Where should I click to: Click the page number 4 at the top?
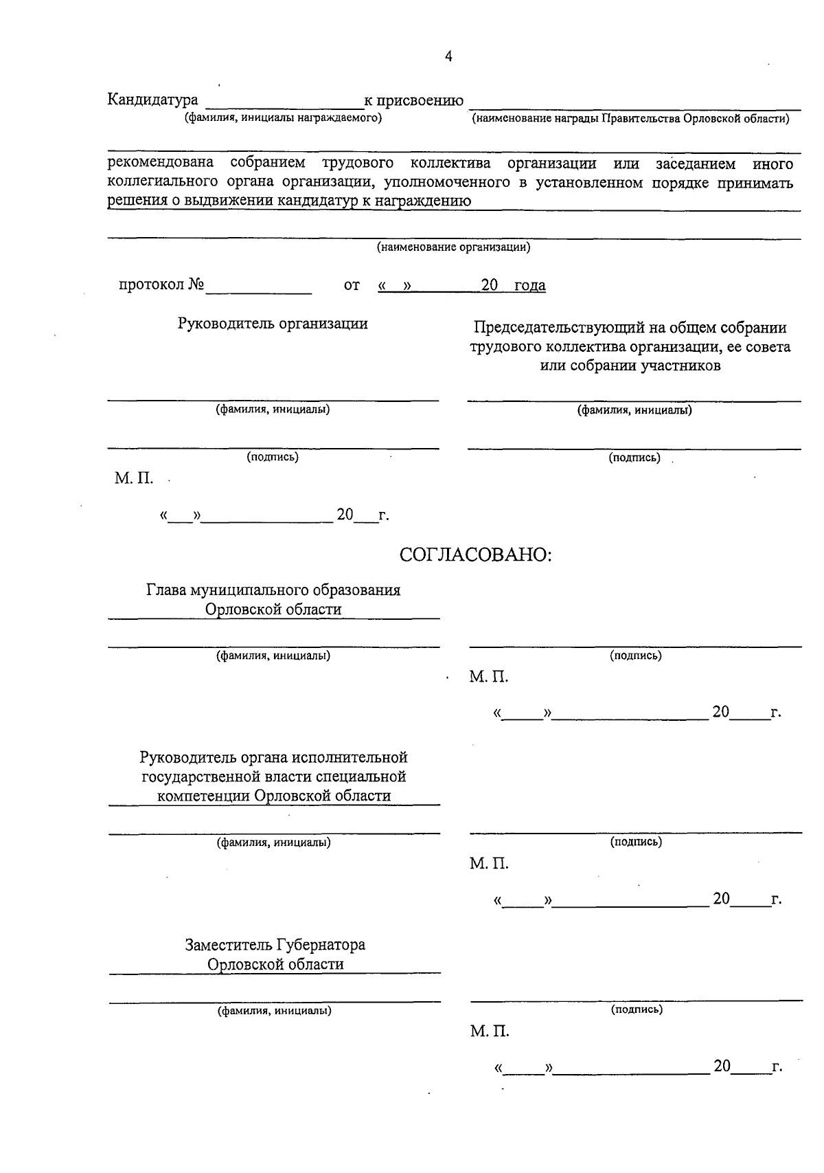coord(448,57)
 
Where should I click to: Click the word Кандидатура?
coord(152,100)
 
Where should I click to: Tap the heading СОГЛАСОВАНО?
coord(476,555)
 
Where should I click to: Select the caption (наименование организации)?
coord(453,247)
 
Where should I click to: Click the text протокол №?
coord(162,284)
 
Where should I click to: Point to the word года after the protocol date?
coord(529,285)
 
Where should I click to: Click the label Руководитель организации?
coord(273,324)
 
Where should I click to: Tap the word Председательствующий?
coord(559,328)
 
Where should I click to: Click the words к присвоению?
coord(413,101)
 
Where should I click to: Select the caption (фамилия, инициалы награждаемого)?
coord(282,118)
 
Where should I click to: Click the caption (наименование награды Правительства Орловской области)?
coord(630,119)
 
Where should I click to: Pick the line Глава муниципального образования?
coord(273,590)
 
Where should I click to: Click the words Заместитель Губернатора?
coord(275,945)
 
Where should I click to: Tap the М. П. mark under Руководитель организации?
coord(134,478)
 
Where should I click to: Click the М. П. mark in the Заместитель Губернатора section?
coord(489,1031)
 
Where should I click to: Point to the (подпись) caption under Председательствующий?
coord(634,458)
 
